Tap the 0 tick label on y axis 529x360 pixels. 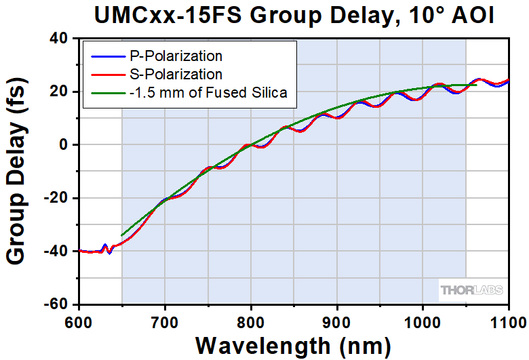(x=65, y=145)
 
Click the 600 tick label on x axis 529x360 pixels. (x=79, y=319)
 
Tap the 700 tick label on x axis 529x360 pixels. (x=165, y=319)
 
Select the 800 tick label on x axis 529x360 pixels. (x=251, y=319)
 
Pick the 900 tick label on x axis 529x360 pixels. (x=337, y=319)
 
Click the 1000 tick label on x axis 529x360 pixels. (x=423, y=319)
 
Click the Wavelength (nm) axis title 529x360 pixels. (x=293, y=344)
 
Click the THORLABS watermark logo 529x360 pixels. (x=471, y=290)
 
